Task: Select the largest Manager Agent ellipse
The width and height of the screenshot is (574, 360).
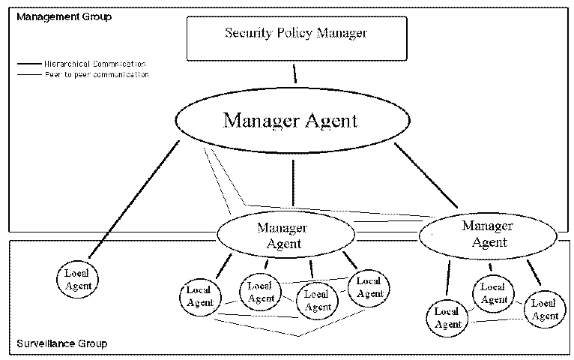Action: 291,120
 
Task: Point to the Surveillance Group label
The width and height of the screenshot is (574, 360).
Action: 62,343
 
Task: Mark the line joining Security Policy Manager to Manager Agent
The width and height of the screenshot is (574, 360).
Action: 294,73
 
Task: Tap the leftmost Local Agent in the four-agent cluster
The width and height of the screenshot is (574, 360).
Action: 198,296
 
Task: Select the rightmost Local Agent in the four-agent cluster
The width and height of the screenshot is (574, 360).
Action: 368,286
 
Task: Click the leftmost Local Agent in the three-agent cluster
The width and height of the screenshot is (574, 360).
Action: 447,317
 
